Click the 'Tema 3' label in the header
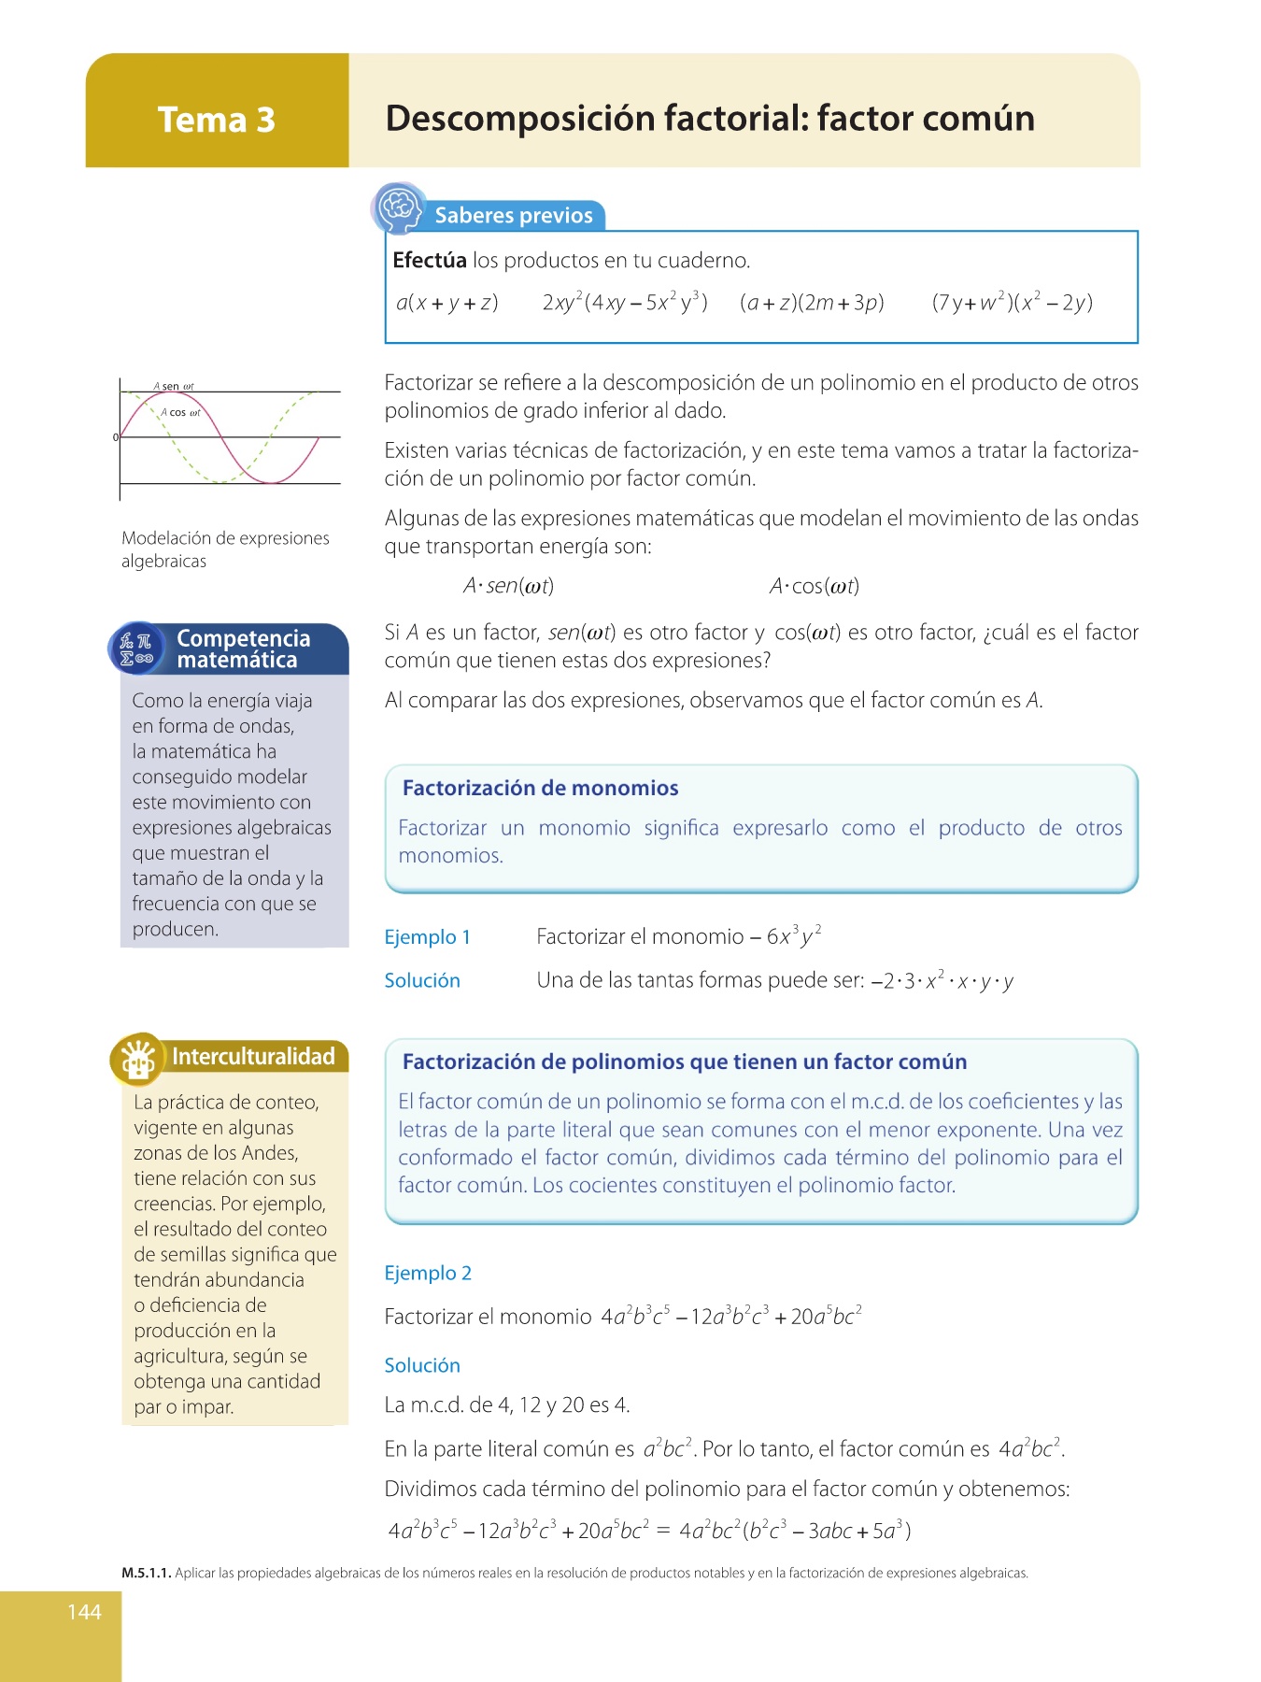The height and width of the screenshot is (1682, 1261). point(216,120)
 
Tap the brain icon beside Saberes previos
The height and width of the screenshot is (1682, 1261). point(400,207)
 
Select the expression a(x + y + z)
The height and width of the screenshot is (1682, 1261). point(446,303)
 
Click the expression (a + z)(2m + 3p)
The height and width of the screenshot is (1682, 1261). point(811,303)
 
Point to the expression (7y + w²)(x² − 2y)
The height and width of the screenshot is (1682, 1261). point(1012,303)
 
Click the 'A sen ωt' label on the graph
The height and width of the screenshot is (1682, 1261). point(174,386)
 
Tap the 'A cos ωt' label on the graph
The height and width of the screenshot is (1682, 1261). point(180,412)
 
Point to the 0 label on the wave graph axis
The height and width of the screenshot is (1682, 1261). point(116,437)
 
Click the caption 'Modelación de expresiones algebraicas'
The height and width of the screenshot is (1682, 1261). point(225,549)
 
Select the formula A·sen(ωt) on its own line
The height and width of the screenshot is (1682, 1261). point(508,586)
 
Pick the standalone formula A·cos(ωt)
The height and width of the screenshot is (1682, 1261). point(814,586)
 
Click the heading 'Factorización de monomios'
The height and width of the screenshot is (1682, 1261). point(540,788)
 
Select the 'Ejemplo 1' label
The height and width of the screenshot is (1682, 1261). point(427,937)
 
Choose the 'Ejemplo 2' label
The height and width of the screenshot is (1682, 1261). point(428,1273)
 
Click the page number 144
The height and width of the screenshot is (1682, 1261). point(84,1612)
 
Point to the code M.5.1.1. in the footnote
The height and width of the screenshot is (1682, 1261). point(147,1573)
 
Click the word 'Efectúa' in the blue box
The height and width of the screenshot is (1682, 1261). point(429,261)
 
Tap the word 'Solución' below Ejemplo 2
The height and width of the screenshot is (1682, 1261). point(422,1365)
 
